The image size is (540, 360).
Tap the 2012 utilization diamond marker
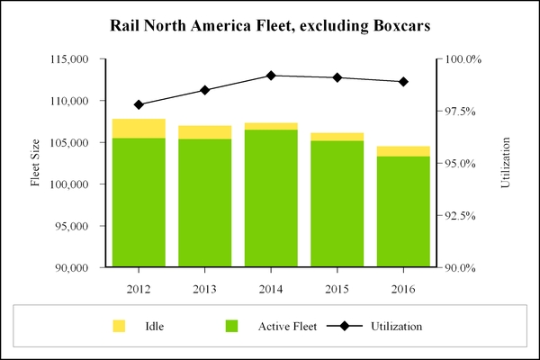(139, 104)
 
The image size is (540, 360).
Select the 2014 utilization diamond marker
(271, 76)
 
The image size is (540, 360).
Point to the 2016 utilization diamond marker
(403, 82)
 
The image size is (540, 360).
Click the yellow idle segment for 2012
(139, 128)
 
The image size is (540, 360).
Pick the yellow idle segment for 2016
(403, 151)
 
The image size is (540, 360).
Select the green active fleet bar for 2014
(271, 198)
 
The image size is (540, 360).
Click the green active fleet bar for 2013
(204, 202)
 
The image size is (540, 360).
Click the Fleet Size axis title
(36, 163)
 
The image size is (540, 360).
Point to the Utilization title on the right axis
(505, 163)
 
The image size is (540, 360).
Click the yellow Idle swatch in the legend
(118, 325)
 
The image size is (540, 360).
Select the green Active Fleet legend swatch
(231, 325)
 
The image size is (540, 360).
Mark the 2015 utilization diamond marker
(337, 77)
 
